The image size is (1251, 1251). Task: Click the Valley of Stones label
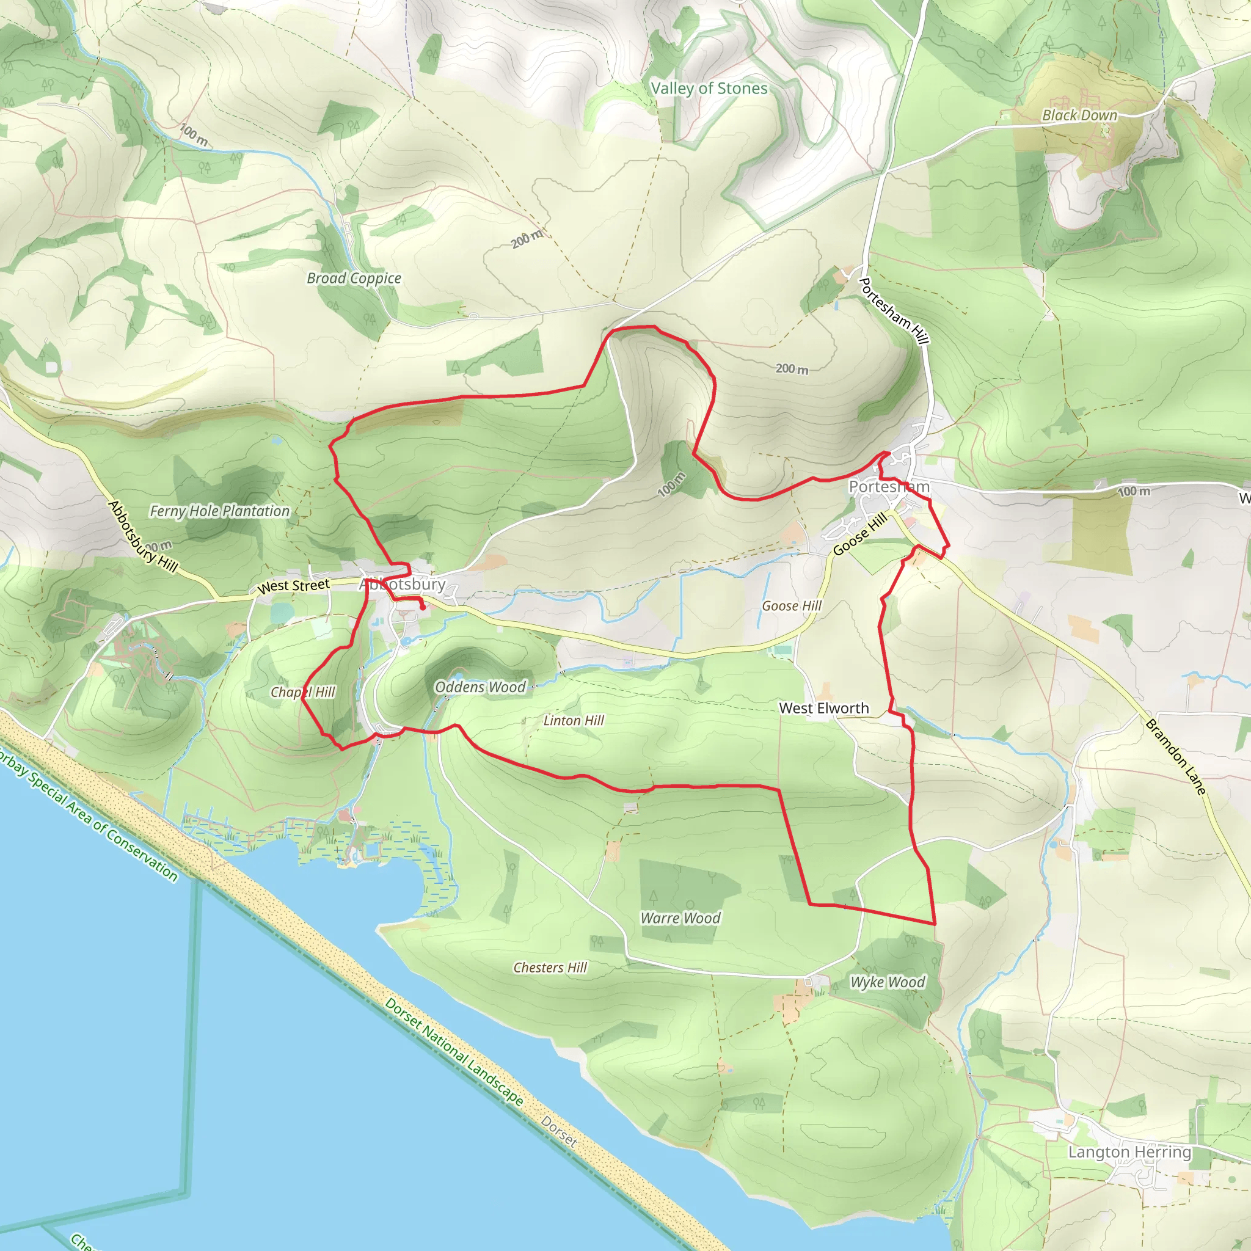coord(709,88)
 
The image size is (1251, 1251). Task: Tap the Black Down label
coord(1079,115)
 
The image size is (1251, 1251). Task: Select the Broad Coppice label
coord(354,278)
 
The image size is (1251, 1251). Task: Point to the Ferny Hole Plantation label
coord(219,511)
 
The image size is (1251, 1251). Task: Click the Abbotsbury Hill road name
coord(142,536)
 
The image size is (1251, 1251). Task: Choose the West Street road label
coord(293,586)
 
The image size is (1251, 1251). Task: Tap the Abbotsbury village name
coord(403,584)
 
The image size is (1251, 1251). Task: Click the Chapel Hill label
coord(302,692)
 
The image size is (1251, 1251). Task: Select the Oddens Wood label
coord(480,687)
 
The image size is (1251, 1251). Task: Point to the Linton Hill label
coord(573,721)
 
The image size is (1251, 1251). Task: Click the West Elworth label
coord(823,709)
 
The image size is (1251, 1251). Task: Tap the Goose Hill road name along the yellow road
coord(859,534)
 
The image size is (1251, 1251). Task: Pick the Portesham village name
coord(889,486)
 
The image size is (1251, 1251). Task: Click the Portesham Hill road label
coord(894,311)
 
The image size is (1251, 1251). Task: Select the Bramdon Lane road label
coord(1176,756)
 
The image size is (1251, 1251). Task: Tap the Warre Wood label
coord(680,918)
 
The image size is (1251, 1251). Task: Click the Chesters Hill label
coord(550,968)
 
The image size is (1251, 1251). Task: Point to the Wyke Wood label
coord(888,982)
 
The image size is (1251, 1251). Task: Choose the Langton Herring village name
coord(1129,1152)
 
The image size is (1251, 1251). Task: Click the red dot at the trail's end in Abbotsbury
coord(423,607)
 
